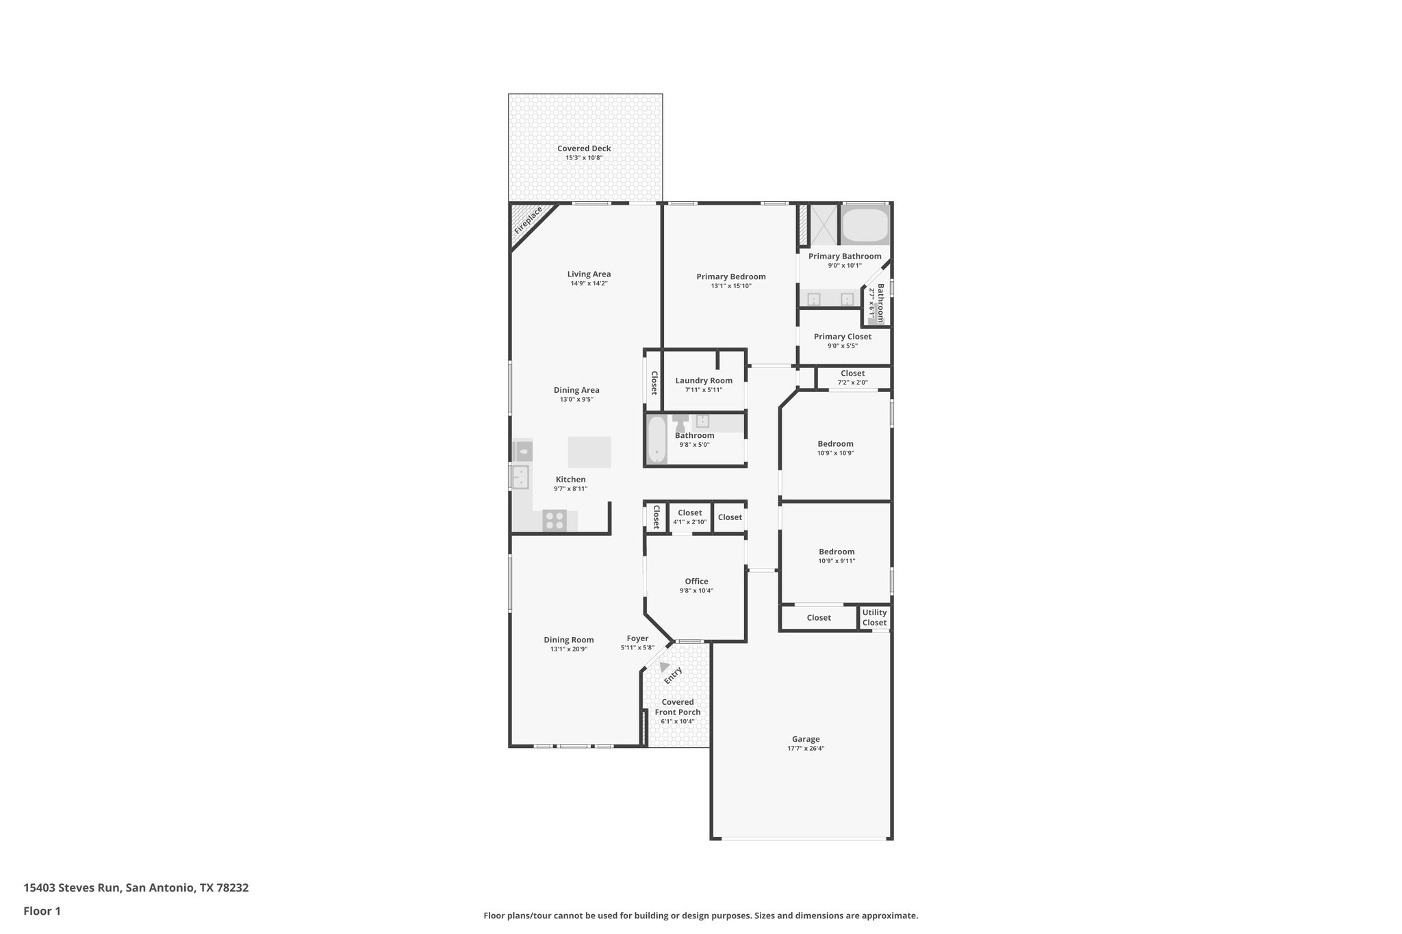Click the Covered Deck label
584,148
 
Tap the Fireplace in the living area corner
528,220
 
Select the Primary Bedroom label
731,277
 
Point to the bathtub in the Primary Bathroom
864,225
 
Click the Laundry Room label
704,381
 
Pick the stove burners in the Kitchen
554,521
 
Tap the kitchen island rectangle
589,452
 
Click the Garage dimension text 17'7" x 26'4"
806,749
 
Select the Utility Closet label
874,618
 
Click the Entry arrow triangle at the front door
663,666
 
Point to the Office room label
696,582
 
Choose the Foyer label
637,639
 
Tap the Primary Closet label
843,337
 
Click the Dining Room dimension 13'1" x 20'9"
569,649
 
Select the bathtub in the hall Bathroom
657,439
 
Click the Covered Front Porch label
678,707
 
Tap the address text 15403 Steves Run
73,888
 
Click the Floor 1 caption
42,911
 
